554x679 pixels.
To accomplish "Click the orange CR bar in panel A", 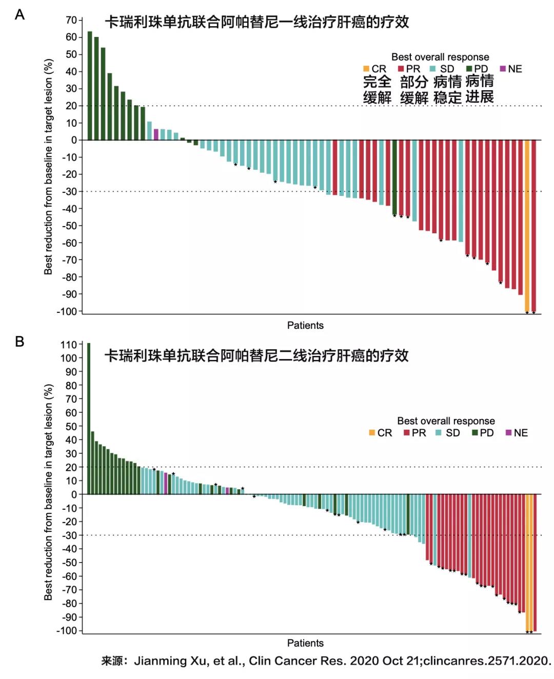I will (x=527, y=226).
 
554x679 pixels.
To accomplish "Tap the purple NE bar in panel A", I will (x=156, y=134).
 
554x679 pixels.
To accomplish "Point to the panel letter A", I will (x=19, y=14).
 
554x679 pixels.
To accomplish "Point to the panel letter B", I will (x=19, y=342).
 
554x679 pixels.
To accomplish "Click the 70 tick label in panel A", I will (x=71, y=20).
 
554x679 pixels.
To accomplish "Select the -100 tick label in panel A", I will (x=67, y=311).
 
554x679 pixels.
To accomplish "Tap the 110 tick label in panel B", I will (x=68, y=345).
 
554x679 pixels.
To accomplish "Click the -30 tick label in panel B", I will (x=69, y=535).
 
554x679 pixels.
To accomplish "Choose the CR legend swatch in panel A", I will (x=366, y=69).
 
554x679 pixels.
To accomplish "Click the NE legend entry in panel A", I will (x=511, y=69).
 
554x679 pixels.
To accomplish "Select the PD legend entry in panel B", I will (x=483, y=433).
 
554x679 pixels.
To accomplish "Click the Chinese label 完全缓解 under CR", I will (x=377, y=89).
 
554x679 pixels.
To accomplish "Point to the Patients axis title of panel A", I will (x=305, y=325).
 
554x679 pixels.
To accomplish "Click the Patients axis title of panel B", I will (x=305, y=643).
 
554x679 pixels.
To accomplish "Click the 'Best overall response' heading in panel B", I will (x=446, y=421).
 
